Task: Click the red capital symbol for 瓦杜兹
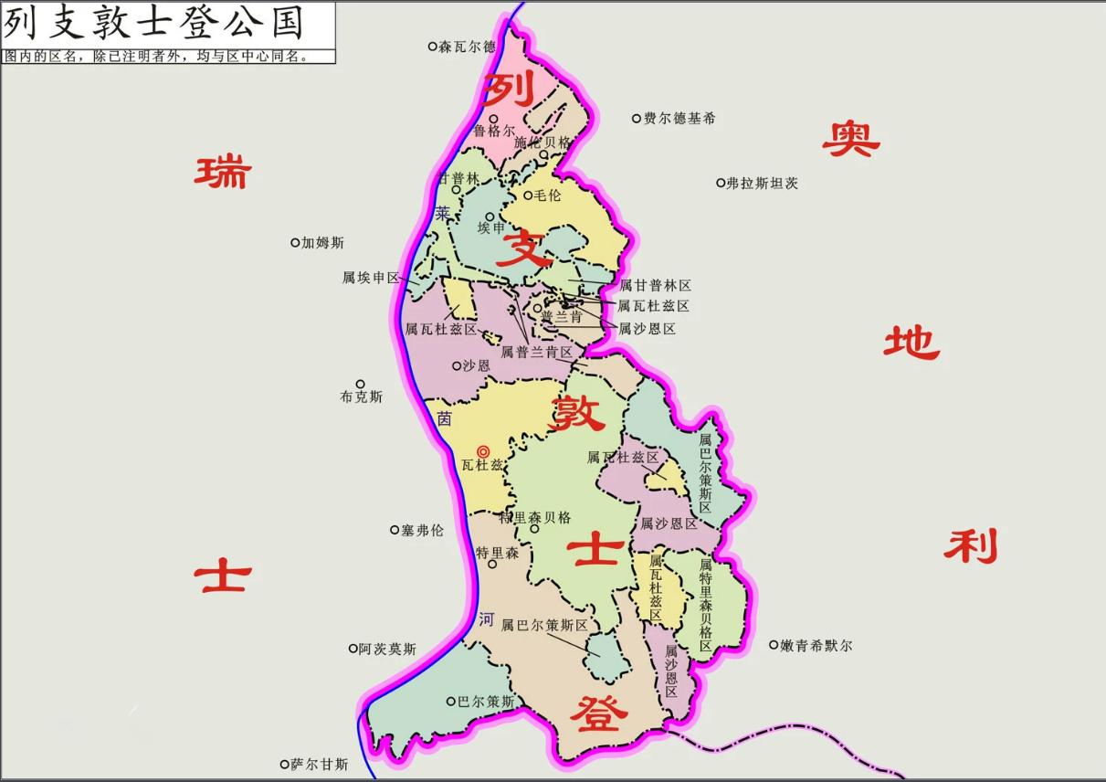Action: pyautogui.click(x=484, y=450)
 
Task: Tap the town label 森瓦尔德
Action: pyautogui.click(x=467, y=47)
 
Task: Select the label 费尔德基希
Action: pyautogui.click(x=679, y=119)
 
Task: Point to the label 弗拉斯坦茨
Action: pyautogui.click(x=762, y=183)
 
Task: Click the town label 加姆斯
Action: pyautogui.click(x=322, y=243)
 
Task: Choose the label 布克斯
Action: pyautogui.click(x=361, y=397)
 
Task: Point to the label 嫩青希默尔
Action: pyautogui.click(x=816, y=646)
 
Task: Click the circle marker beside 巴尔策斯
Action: pyautogui.click(x=450, y=702)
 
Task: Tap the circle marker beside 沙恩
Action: pyautogui.click(x=457, y=365)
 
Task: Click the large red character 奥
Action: pyautogui.click(x=850, y=139)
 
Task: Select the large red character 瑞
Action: pyautogui.click(x=222, y=172)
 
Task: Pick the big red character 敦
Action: pyautogui.click(x=576, y=414)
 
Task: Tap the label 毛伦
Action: pyautogui.click(x=548, y=195)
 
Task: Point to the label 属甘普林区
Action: pyautogui.click(x=655, y=286)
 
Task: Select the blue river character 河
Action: pyautogui.click(x=486, y=619)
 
